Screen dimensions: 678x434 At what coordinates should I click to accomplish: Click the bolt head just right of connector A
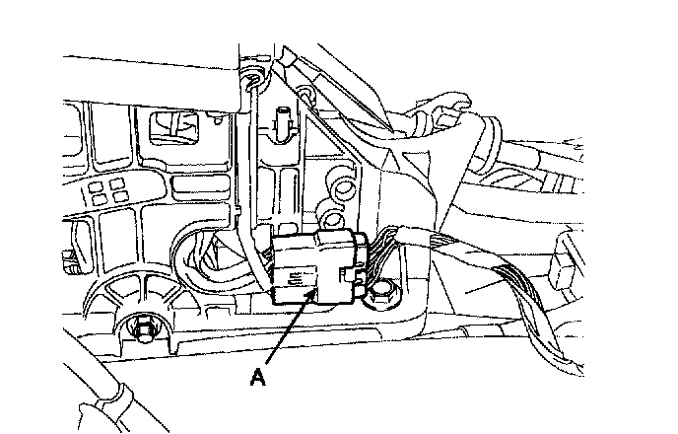pos(382,292)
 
